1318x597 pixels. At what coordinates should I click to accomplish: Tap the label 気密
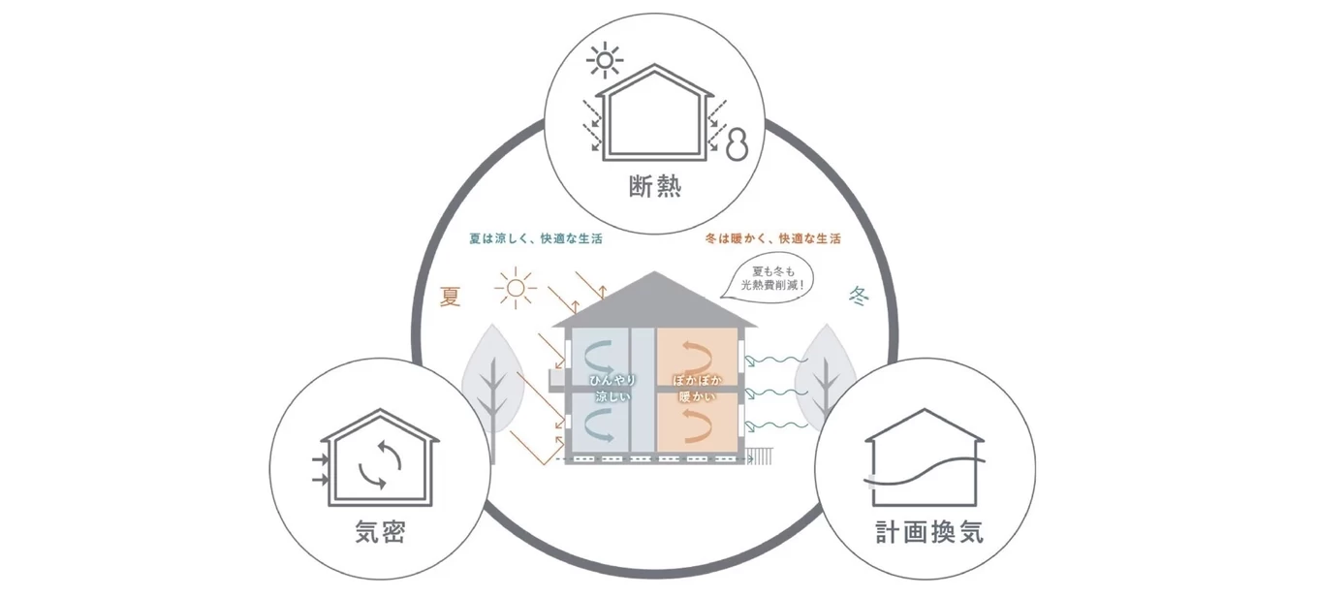(380, 531)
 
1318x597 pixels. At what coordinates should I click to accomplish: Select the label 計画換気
(927, 531)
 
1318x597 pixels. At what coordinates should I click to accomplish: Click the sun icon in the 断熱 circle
(607, 62)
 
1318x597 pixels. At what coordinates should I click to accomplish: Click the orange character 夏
(451, 297)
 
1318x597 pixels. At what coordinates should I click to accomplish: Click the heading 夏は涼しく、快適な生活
(534, 238)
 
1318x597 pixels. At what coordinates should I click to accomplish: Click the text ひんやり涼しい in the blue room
(611, 389)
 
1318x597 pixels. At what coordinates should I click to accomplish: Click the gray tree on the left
(494, 379)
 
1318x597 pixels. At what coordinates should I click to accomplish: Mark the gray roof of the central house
(654, 300)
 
